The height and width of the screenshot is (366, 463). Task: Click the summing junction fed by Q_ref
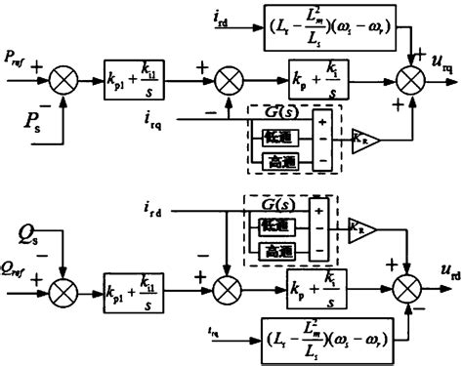63,290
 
